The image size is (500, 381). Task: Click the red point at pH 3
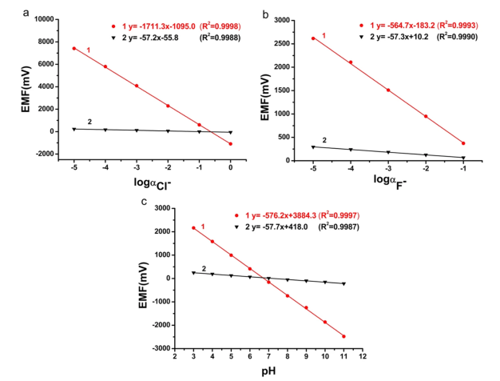tap(216, 228)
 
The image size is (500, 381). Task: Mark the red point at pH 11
tap(343, 336)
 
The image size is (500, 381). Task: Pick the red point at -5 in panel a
tap(73, 48)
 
